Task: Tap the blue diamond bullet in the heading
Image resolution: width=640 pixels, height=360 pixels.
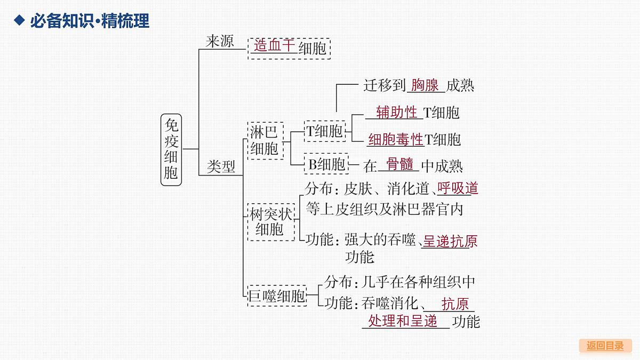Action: point(19,20)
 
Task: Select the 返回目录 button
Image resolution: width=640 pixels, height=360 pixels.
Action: point(605,346)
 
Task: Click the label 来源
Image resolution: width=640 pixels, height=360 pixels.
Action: point(220,41)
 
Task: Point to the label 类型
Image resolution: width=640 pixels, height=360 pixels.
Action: point(221,166)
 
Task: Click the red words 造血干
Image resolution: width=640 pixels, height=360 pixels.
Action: point(274,45)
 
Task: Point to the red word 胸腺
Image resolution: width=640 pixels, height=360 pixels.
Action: point(425,85)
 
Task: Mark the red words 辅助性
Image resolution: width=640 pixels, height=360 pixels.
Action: point(397,112)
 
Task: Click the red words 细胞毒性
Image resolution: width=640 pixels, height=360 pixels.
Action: point(395,140)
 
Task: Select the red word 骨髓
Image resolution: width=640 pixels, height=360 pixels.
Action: point(399,164)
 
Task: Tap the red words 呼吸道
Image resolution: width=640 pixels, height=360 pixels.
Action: point(458,188)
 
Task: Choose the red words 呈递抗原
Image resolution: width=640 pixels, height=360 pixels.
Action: point(450,241)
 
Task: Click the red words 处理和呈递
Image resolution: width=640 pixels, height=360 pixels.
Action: point(403,321)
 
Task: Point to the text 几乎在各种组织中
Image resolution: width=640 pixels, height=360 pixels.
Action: point(418,282)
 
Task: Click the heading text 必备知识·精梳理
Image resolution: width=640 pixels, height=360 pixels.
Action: point(90,21)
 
